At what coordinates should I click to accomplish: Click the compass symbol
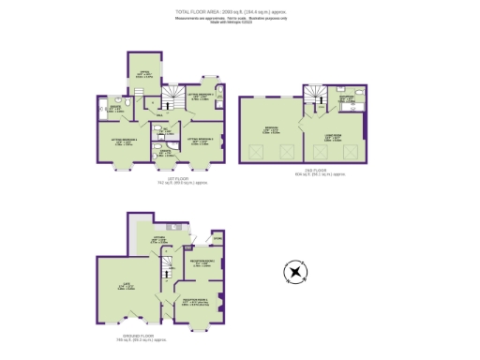pyautogui.click(x=296, y=274)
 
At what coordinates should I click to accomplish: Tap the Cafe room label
pyautogui.click(x=123, y=286)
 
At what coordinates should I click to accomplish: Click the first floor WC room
pyautogui.click(x=161, y=132)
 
